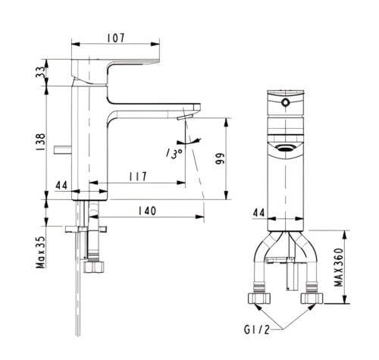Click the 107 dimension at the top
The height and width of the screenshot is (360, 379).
pos(116,38)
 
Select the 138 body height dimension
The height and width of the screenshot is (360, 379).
pos(40,142)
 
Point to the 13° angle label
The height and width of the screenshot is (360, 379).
pos(174,153)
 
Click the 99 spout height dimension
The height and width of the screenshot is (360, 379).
pos(220,158)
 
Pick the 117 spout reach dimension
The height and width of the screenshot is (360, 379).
pos(138,177)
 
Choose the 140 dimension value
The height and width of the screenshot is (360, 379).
pos(147,211)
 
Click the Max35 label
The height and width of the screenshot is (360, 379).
pos(41,252)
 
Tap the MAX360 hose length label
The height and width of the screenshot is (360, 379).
pos(339,268)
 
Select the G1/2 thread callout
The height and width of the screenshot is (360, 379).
pos(257,330)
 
